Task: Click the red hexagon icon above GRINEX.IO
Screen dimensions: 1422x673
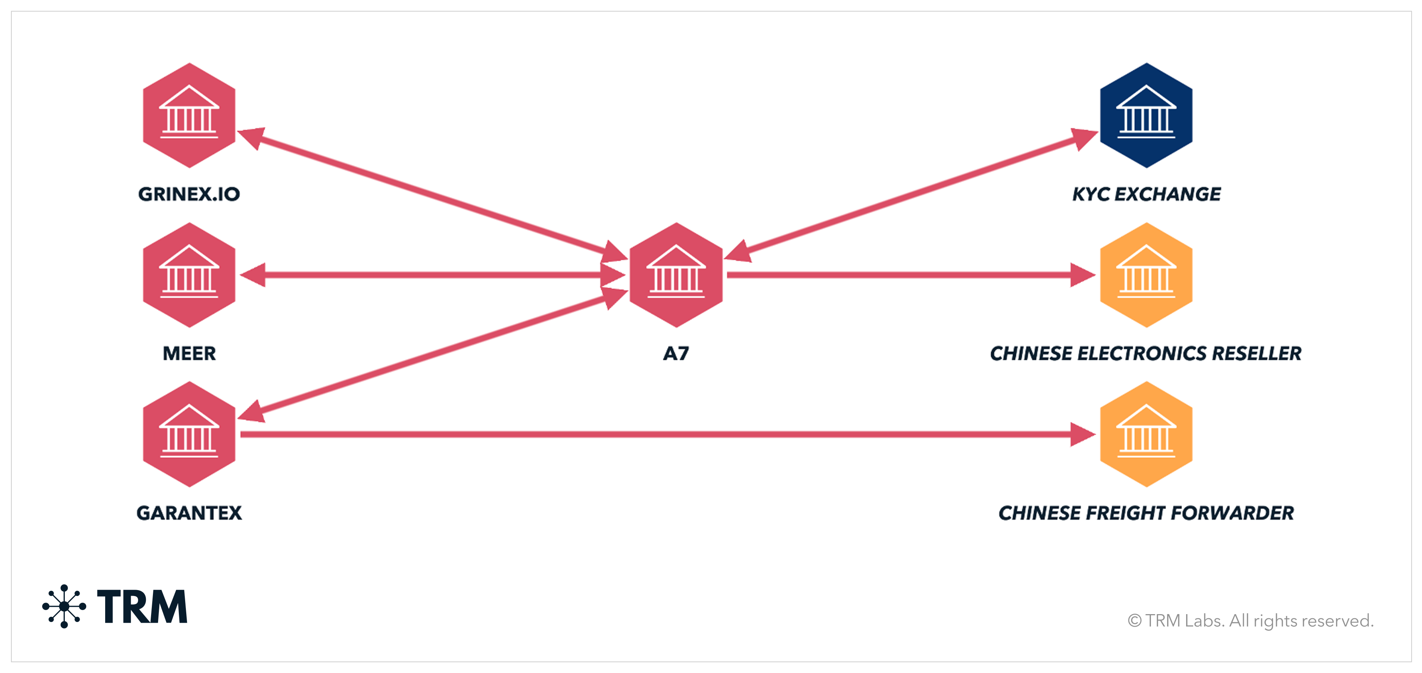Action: (x=189, y=115)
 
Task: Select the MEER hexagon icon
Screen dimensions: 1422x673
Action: (x=189, y=275)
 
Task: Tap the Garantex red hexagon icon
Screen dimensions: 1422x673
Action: (x=189, y=434)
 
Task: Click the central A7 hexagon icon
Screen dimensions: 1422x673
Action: (x=676, y=275)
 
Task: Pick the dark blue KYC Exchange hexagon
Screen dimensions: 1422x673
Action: (x=1146, y=115)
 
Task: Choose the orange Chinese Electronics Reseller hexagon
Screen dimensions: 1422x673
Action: (x=1146, y=275)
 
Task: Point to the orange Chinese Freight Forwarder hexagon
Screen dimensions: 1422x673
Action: (x=1146, y=434)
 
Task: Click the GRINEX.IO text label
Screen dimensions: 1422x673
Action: (x=189, y=194)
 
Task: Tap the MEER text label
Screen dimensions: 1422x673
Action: (x=189, y=354)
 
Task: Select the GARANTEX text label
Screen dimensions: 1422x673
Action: (x=189, y=513)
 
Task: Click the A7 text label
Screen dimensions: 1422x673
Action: (x=676, y=354)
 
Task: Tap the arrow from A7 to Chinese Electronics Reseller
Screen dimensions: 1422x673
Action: (x=905, y=275)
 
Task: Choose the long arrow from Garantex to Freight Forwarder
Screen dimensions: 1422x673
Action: (x=662, y=434)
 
